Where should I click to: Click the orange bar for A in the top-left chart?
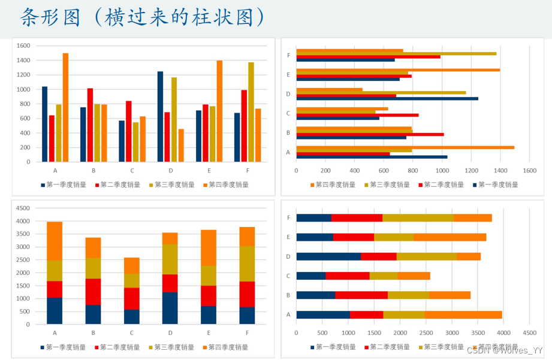point(65,108)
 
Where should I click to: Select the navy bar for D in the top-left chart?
point(160,117)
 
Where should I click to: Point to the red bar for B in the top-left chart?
point(90,125)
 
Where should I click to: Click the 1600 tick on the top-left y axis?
point(23,46)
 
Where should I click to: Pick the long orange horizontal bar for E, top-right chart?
point(398,70)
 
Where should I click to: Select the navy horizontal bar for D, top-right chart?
point(387,98)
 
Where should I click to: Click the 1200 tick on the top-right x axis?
point(471,171)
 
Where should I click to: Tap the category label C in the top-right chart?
point(288,113)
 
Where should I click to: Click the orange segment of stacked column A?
point(55,241)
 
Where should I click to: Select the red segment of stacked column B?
point(93,292)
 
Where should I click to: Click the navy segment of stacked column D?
point(170,308)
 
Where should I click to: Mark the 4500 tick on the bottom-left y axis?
point(23,208)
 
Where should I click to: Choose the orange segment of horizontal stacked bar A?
point(463,314)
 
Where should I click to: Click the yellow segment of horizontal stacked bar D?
point(426,256)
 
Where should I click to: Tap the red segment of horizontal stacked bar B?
point(361,295)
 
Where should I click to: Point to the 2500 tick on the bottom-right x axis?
point(426,332)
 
